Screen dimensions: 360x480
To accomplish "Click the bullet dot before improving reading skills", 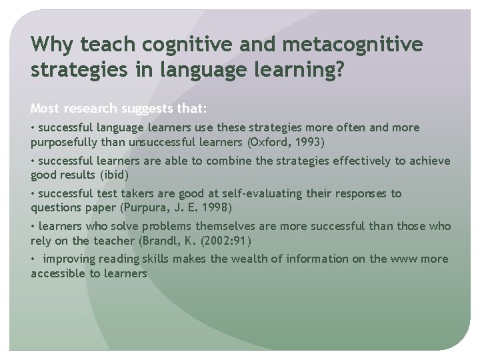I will [x=33, y=259].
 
